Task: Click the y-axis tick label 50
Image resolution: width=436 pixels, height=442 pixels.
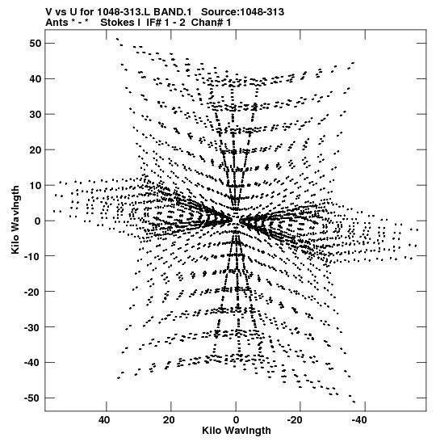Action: pyautogui.click(x=35, y=44)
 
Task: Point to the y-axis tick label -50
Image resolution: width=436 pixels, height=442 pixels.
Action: pyautogui.click(x=32, y=398)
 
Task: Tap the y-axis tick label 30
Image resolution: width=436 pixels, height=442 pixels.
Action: pyautogui.click(x=35, y=115)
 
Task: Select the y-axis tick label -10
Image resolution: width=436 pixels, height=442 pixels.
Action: pyautogui.click(x=32, y=256)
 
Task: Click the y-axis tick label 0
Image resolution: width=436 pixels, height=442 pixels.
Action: pyautogui.click(x=38, y=221)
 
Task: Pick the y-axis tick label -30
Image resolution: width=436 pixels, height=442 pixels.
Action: pyautogui.click(x=32, y=327)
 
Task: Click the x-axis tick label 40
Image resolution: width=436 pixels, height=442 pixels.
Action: pyautogui.click(x=104, y=420)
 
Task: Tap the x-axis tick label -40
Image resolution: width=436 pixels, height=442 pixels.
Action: pyautogui.click(x=359, y=420)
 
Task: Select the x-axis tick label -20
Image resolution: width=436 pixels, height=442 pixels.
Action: pyautogui.click(x=295, y=420)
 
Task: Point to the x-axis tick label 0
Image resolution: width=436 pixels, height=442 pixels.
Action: pyautogui.click(x=236, y=420)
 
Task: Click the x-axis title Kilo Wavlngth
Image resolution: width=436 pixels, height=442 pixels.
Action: pyautogui.click(x=237, y=431)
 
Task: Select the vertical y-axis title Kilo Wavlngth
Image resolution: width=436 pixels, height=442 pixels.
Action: pyautogui.click(x=15, y=220)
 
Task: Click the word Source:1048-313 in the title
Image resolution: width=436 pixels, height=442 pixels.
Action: pyautogui.click(x=243, y=12)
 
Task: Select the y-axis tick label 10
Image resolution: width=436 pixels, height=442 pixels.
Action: pyautogui.click(x=35, y=186)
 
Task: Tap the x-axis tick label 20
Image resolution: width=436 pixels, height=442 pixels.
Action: pyautogui.click(x=169, y=420)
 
